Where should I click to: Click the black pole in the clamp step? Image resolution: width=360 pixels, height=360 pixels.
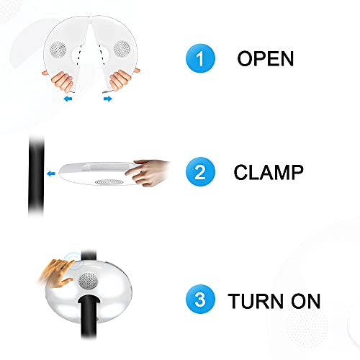pos(37,173)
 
